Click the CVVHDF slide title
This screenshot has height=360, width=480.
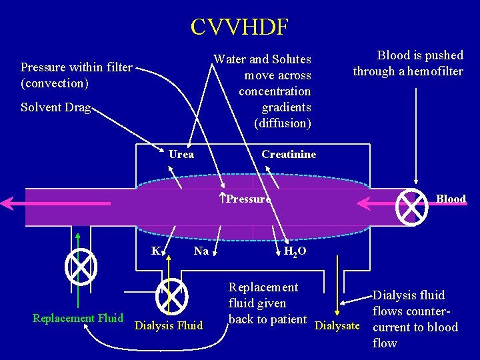(x=239, y=27)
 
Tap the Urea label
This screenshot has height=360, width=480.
(x=181, y=155)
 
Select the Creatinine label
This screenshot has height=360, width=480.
(x=289, y=155)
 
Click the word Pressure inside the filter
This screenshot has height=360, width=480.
(x=248, y=199)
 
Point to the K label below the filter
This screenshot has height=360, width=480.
(x=155, y=251)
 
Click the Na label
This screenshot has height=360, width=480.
(x=201, y=251)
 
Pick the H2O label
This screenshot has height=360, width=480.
(x=295, y=251)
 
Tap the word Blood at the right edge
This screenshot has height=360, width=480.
(x=451, y=199)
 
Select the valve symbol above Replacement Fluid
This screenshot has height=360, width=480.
(x=81, y=266)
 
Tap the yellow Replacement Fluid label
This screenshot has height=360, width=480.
(x=77, y=318)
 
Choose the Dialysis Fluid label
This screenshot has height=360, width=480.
(x=169, y=326)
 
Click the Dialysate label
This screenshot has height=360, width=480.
(x=337, y=326)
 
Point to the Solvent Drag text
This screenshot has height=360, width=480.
(x=55, y=108)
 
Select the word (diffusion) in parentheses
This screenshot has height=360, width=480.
(x=283, y=123)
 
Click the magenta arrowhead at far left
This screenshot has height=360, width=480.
(x=8, y=203)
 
